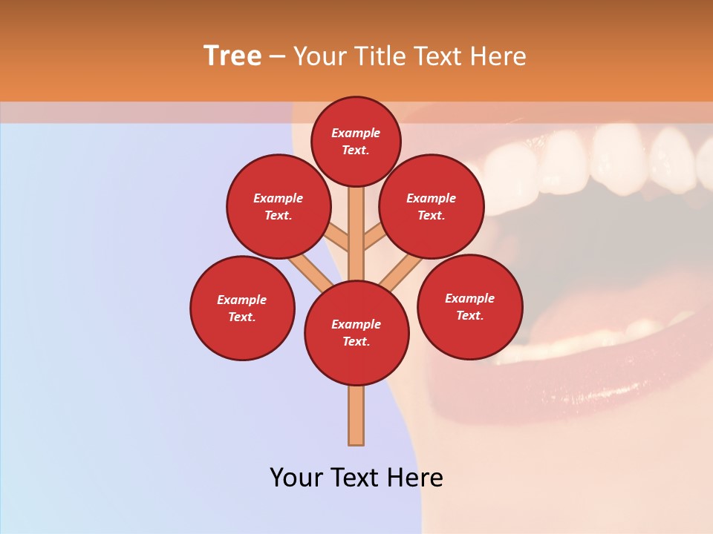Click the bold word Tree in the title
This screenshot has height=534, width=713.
pos(232,56)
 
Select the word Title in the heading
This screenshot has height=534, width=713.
pos(381,56)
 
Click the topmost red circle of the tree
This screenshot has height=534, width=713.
pos(356,141)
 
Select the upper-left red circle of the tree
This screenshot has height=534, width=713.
pos(279,206)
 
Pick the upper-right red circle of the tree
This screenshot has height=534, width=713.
pos(432,206)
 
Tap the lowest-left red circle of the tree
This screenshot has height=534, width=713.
pos(242,308)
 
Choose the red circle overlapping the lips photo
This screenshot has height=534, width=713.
pos(469,306)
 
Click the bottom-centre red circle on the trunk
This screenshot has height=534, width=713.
pos(356,333)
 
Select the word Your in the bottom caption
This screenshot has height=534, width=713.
pos(296,478)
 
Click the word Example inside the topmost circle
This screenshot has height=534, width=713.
pos(356,133)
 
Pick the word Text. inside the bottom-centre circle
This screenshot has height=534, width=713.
pos(356,342)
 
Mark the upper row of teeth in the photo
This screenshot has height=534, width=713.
pos(594,159)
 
